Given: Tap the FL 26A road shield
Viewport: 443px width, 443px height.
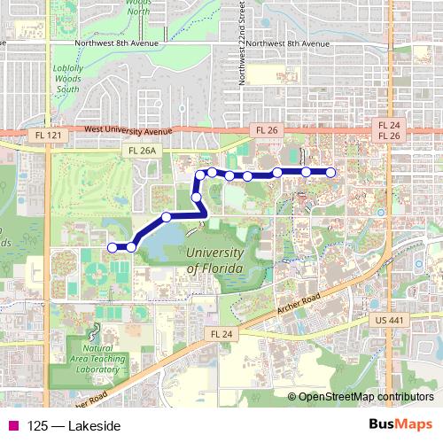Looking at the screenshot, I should (x=142, y=151).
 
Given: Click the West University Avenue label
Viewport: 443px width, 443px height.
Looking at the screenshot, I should (x=128, y=130).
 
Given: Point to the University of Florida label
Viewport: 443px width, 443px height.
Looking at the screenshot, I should (x=219, y=261).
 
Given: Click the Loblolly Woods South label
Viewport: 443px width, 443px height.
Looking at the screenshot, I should (x=68, y=81).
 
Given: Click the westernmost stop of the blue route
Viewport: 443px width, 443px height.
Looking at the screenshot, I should (x=112, y=246).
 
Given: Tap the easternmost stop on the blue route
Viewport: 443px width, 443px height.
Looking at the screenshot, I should (x=331, y=172).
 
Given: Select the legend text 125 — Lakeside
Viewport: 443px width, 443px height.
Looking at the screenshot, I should (x=74, y=427).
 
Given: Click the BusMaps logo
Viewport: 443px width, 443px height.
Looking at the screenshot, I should (x=400, y=426).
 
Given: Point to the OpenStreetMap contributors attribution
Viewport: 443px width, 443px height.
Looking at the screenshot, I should (x=366, y=398).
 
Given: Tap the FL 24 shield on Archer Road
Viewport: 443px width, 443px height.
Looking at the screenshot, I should (x=221, y=333).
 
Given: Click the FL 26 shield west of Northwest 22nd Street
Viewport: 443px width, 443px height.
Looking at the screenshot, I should (x=267, y=129).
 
